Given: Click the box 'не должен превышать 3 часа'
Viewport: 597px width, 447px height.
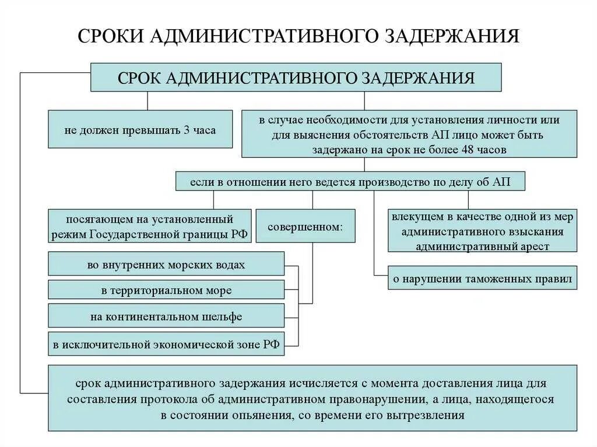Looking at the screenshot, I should coord(140,130).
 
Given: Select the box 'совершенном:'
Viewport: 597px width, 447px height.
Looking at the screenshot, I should coord(305,225).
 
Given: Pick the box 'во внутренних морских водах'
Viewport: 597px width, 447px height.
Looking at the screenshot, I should coord(166,265).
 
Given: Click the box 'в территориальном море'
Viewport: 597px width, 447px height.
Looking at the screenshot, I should coord(166,290).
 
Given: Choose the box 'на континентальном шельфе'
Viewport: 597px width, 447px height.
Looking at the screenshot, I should coord(166,316).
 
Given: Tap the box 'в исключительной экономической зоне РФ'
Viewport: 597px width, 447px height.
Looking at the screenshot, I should coord(166,344).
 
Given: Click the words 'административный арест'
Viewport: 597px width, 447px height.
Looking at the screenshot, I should coord(482,246).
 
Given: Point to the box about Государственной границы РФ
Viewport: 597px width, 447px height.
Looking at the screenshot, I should coord(150,226).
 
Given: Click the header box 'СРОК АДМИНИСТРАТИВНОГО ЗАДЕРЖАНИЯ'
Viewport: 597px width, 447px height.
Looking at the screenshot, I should coord(296,78).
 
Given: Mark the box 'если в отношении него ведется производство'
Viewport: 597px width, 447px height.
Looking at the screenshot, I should coord(350,181).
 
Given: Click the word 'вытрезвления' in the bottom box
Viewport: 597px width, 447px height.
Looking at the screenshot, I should coord(433,415).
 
